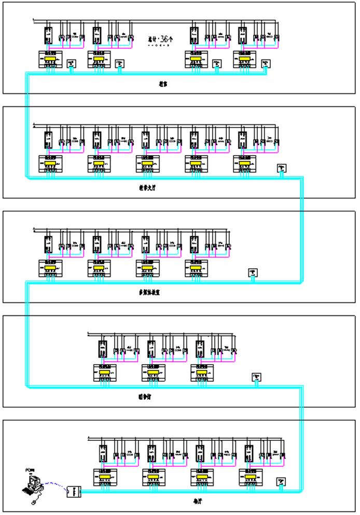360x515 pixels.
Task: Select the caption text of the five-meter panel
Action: (144, 189)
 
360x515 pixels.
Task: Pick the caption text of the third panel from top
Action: (145, 293)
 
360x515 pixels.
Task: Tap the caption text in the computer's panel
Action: (196, 502)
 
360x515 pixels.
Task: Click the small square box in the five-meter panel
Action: (282, 168)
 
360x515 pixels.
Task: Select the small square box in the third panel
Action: (253, 272)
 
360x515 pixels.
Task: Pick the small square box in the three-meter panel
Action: (256, 377)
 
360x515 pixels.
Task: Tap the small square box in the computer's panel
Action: (282, 481)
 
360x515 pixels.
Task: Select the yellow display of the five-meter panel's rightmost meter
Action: (245, 164)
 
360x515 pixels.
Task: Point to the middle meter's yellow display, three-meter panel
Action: (154, 372)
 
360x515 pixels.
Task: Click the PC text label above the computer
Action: (29, 470)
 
